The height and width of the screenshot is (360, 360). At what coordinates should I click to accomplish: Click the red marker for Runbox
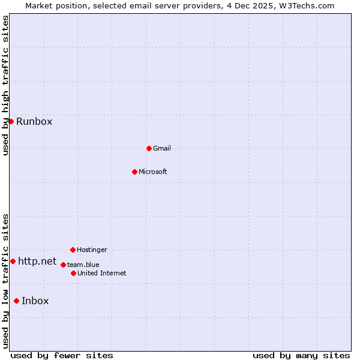click(11, 121)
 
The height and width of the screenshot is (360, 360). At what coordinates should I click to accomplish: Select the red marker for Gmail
click(149, 148)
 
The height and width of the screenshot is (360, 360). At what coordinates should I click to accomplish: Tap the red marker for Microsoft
click(134, 172)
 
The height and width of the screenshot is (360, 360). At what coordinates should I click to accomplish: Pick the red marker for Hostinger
click(73, 250)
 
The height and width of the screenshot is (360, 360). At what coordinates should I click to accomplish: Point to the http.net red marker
click(13, 261)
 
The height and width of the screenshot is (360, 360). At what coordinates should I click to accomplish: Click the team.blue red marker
click(63, 265)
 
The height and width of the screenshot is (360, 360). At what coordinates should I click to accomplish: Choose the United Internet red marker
click(73, 273)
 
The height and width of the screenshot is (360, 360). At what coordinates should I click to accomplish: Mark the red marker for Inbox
click(16, 301)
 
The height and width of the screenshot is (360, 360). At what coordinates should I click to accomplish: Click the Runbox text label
click(34, 121)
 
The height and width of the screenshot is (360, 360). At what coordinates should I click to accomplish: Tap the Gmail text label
click(162, 148)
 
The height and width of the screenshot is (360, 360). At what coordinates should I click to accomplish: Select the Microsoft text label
click(153, 172)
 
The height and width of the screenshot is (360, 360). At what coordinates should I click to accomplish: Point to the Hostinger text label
click(92, 250)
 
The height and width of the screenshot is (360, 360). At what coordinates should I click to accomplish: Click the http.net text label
click(37, 261)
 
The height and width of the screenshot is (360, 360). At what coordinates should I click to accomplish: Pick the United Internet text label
click(102, 273)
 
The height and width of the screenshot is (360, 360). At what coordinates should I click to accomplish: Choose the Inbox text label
click(35, 301)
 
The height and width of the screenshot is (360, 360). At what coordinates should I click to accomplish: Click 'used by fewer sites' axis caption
click(62, 355)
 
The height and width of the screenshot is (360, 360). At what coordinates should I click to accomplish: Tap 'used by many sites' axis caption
click(301, 355)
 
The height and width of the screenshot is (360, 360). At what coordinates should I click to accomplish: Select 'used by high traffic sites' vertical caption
click(5, 85)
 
